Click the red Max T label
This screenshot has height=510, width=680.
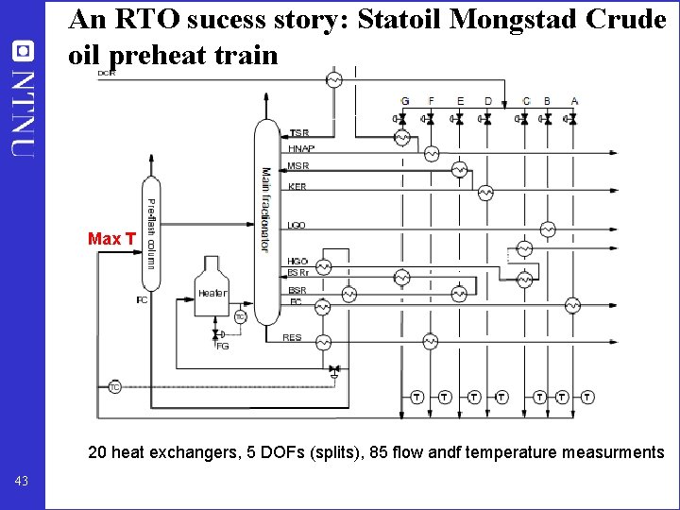(111, 239)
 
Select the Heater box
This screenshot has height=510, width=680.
(212, 293)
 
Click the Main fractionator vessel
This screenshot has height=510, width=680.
(267, 223)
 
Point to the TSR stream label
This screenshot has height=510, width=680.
(298, 133)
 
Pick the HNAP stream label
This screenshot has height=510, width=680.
(301, 149)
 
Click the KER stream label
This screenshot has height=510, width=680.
(297, 187)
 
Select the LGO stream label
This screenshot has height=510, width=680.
(297, 226)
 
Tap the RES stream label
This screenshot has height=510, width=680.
(293, 337)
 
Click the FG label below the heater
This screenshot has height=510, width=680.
(223, 347)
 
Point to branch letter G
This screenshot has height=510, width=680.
(404, 101)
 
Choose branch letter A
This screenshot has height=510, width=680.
(574, 101)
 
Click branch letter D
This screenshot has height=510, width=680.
(487, 101)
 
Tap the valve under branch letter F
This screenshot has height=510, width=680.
(430, 119)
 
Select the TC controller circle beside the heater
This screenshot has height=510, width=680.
(240, 317)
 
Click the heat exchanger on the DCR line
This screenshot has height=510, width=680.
(333, 80)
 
